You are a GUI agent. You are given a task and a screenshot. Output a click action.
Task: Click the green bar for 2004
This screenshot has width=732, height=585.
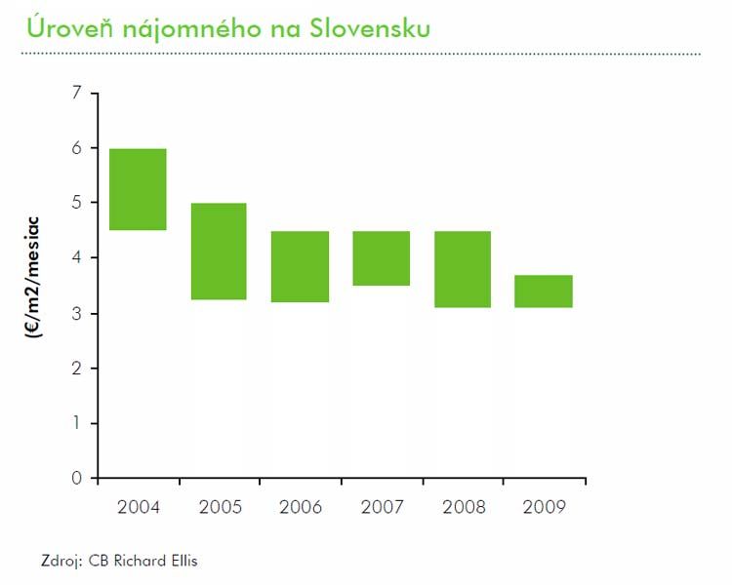[138, 189]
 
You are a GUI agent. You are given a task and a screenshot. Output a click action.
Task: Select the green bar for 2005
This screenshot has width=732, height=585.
[219, 251]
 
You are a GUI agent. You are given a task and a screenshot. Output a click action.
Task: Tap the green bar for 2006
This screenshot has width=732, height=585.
[300, 266]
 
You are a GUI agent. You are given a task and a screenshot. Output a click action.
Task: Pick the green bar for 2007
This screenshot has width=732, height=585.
[382, 258]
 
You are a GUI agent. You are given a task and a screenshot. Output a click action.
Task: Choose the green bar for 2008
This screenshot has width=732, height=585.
[463, 269]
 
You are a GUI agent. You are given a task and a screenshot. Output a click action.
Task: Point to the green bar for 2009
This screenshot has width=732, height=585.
[544, 292]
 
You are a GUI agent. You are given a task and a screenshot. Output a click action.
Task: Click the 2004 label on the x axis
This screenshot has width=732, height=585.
[138, 507]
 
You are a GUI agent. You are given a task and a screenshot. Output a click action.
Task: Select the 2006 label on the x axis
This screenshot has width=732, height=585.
[300, 507]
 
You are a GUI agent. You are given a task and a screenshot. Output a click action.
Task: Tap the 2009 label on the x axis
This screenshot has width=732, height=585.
[544, 507]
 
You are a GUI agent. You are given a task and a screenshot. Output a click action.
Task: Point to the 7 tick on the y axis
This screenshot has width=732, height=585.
[78, 93]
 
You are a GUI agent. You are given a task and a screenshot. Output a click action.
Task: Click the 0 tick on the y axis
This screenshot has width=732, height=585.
[78, 478]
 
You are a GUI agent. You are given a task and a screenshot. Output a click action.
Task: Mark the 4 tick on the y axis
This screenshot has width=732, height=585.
[78, 257]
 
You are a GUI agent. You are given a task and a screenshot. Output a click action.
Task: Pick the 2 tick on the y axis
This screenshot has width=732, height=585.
[78, 368]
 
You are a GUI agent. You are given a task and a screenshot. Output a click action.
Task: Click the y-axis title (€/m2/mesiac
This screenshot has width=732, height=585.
[36, 275]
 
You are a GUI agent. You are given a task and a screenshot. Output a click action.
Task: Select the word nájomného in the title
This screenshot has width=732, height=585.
[182, 29]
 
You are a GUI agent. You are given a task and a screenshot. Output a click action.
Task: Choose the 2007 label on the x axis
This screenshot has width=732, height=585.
[382, 507]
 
